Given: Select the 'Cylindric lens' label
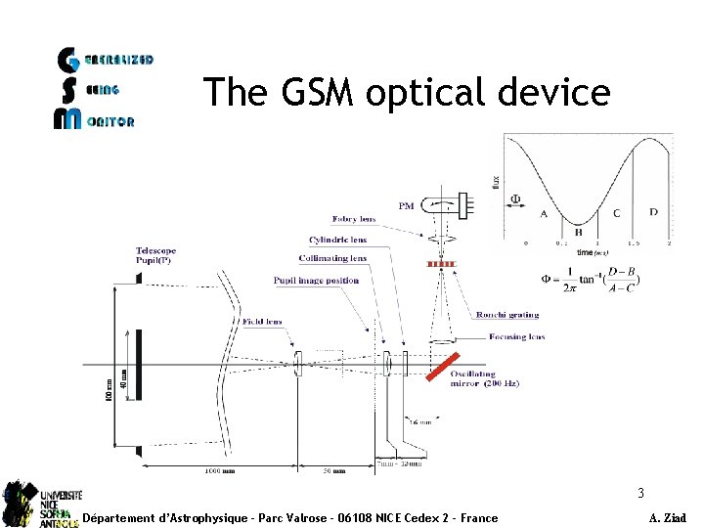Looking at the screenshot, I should click(339, 239).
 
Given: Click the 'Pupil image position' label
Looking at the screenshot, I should click(316, 281).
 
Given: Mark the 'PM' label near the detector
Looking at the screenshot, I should click(407, 205).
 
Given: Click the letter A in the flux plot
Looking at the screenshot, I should click(544, 212).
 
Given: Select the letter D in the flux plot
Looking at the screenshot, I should click(653, 211).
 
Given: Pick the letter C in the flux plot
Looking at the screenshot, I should click(616, 212).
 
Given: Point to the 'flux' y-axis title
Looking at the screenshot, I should click(496, 183).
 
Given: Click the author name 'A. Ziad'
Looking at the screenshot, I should click(667, 518).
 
